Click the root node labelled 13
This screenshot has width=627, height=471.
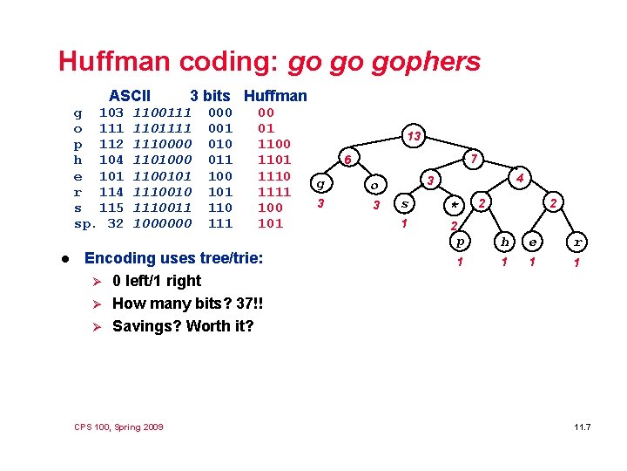(x=415, y=135)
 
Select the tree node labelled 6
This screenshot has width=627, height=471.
(x=347, y=160)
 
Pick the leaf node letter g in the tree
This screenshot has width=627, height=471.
(x=320, y=184)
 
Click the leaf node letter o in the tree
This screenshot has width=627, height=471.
(x=374, y=185)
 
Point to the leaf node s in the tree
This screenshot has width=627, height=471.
(x=403, y=204)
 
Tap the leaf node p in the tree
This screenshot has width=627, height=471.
(x=462, y=241)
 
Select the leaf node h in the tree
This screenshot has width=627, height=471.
(x=503, y=242)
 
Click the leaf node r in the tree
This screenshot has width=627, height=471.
(x=576, y=242)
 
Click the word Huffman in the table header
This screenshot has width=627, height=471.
(x=275, y=95)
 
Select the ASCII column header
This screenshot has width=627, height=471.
(x=130, y=95)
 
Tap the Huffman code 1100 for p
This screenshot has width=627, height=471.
(x=274, y=144)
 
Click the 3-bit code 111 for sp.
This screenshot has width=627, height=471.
(x=220, y=223)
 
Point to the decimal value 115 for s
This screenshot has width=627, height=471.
(x=111, y=208)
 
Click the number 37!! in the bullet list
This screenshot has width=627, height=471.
(x=246, y=304)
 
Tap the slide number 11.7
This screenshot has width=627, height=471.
(x=582, y=427)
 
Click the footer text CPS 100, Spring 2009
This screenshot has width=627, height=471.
(x=119, y=426)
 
